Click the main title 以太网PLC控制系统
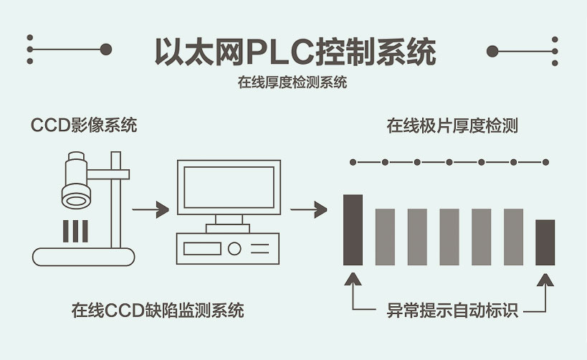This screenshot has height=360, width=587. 295,52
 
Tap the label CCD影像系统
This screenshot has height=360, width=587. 84,125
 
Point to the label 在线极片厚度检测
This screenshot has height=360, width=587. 452,126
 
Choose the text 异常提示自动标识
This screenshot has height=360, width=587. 452,311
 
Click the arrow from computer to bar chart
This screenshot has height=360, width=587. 308,210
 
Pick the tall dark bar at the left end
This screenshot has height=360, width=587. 353,229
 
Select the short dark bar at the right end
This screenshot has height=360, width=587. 545,242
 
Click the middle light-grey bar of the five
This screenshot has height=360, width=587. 449,237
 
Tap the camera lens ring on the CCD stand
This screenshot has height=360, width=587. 76,194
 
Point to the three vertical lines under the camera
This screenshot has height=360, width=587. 75,231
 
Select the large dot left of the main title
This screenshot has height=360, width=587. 105,49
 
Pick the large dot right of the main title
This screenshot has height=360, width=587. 492,50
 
